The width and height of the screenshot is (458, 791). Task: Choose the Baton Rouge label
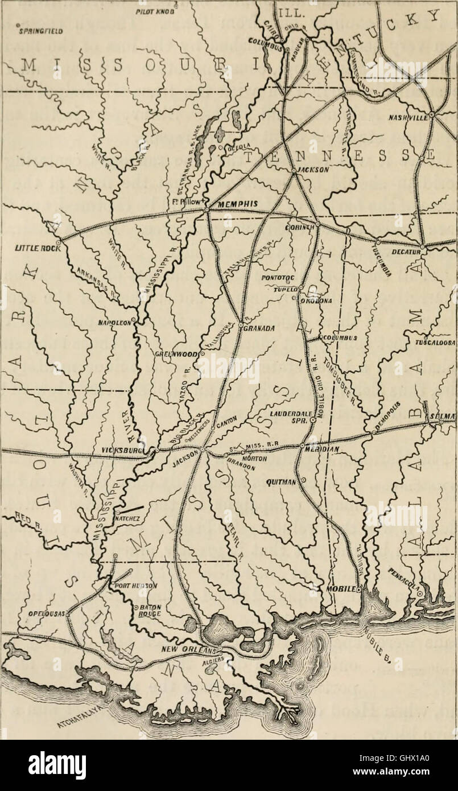pyautogui.click(x=148, y=611)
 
